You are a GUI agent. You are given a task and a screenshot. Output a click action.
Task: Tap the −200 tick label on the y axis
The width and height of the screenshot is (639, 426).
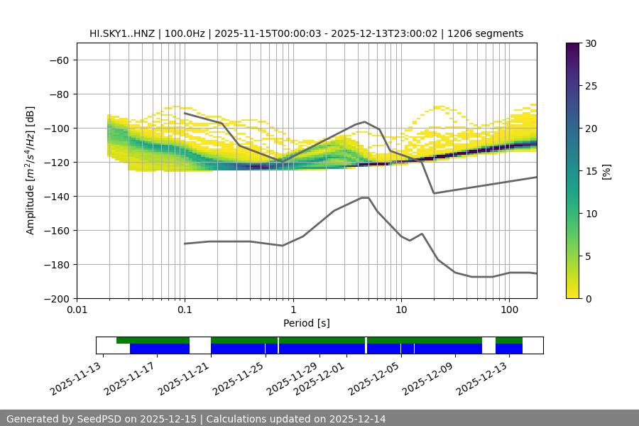[x=57, y=298]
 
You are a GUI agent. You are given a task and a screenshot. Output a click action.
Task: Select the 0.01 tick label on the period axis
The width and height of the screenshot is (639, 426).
[x=77, y=310]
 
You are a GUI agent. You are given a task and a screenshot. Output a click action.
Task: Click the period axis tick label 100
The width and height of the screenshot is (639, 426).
[x=508, y=310]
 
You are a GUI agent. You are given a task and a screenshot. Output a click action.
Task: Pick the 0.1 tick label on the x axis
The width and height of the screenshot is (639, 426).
[x=185, y=310]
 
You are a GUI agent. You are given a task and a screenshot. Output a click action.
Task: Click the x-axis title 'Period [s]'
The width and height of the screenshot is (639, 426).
[x=307, y=323]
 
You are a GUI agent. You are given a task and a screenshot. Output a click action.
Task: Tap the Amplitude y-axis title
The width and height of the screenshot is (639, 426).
[x=31, y=170]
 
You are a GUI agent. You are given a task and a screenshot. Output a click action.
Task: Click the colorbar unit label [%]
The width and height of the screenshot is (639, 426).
[x=606, y=171]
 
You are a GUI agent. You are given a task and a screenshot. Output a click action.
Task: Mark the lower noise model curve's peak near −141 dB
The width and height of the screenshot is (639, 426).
[x=365, y=197]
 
